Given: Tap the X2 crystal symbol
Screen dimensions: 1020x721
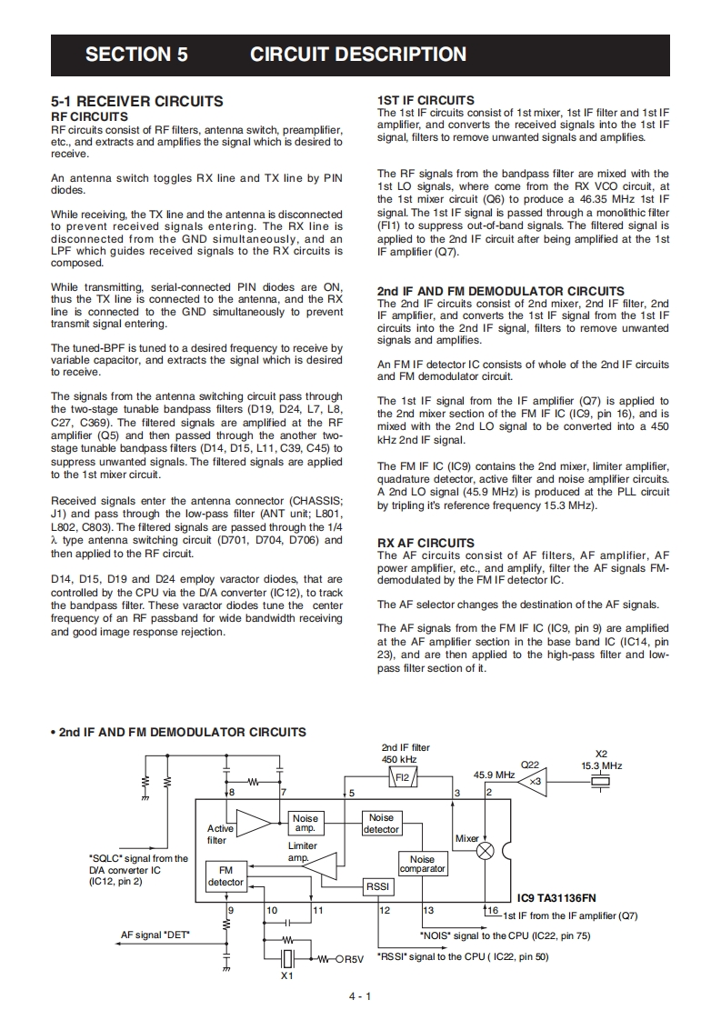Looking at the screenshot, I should click(x=601, y=782).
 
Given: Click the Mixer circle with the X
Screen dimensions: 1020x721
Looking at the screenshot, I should click(x=487, y=851).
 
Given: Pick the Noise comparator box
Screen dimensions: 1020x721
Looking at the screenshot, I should click(x=423, y=864).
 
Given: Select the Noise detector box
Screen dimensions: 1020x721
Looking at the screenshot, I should click(x=381, y=824).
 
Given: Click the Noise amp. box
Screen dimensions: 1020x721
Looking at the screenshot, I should click(x=305, y=824).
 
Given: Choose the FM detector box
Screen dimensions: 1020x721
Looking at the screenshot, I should click(x=225, y=876).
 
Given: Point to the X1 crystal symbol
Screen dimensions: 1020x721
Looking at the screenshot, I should click(x=287, y=957).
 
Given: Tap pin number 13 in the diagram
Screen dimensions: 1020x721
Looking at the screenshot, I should click(x=427, y=909).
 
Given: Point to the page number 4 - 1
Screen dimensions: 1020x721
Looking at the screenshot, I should click(x=360, y=996).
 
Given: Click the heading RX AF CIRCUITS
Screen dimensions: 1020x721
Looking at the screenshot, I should click(x=426, y=544).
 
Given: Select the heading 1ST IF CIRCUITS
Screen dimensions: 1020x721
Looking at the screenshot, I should click(x=426, y=101).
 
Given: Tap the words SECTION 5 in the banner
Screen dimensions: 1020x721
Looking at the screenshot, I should click(x=136, y=55).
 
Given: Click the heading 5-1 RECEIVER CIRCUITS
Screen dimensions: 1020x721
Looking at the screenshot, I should click(x=136, y=102).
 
